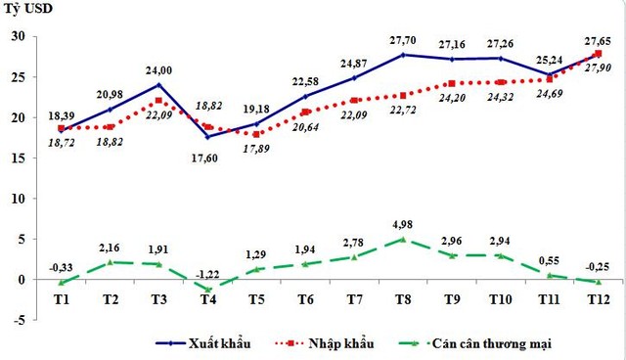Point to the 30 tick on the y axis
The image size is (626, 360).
coord(18,37)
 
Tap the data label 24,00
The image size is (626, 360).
coord(159,70)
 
